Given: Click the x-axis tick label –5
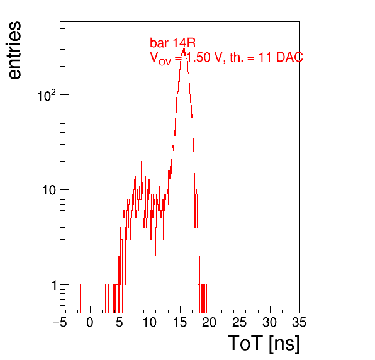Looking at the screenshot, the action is coord(60,322).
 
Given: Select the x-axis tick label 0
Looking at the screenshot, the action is coord(90,322).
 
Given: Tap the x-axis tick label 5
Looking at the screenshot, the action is coord(120,322).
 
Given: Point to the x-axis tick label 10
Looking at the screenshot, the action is coord(150,322).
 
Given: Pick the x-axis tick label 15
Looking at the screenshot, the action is coord(180,322).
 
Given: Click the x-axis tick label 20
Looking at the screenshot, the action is coord(210,322).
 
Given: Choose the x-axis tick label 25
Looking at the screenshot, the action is coord(239,322).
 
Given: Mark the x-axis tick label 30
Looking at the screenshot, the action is coord(269,322).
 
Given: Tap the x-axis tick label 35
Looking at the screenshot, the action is coord(299,322).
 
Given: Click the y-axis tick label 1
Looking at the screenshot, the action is coord(55,285).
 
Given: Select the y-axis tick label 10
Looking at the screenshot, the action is coord(50,190).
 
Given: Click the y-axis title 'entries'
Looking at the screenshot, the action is coord(14,50).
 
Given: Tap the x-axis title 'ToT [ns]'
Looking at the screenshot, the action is coord(264,344).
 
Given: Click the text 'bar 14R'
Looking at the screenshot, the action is coord(172,43).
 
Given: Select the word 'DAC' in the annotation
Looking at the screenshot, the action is coord(289,57).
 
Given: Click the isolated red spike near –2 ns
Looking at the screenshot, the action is coord(81,298).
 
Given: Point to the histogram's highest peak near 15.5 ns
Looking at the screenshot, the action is coord(184,49).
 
